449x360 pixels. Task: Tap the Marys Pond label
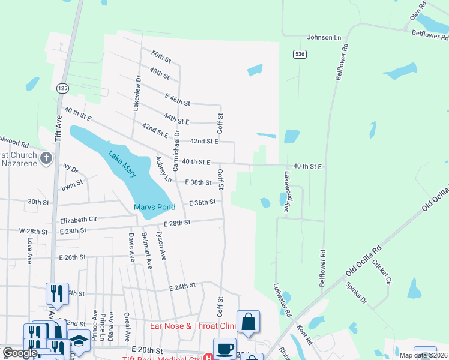click(x=154, y=208)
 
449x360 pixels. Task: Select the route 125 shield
click(x=63, y=88)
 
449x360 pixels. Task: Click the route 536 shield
click(x=298, y=55)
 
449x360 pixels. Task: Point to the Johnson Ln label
click(x=324, y=37)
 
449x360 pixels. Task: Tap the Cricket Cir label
click(x=381, y=272)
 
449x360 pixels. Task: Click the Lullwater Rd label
click(x=282, y=300)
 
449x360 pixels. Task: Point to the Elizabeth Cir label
click(x=78, y=220)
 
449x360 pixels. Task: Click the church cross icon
click(x=46, y=159)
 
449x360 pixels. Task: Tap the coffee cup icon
click(x=224, y=349)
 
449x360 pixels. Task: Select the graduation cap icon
click(x=78, y=340)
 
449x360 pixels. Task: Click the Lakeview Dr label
click(x=136, y=93)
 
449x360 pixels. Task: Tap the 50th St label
click(x=161, y=58)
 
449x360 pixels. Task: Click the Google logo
click(x=20, y=353)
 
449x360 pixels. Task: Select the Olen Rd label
click(x=418, y=11)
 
